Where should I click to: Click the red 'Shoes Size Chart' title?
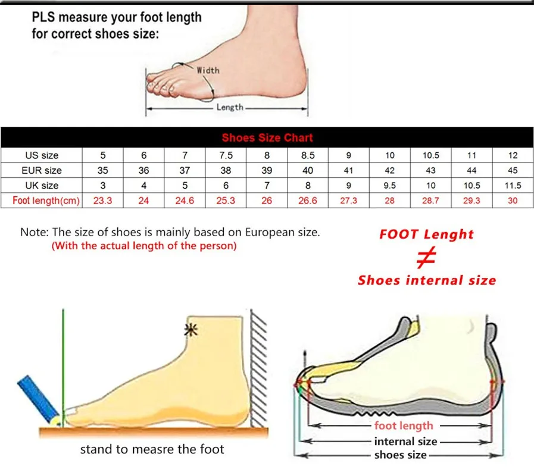pos(267,137)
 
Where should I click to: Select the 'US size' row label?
pos(42,155)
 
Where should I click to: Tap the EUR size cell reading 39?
pos(267,170)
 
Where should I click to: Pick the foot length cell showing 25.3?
pos(226,201)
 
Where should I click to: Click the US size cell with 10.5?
pos(430,155)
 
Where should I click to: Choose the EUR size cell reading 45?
pos(513,170)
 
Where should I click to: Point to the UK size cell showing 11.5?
pos(513,186)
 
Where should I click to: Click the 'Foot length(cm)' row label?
pos(46,201)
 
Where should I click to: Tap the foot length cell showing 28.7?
pos(430,201)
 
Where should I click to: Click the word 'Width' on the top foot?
pos(208,70)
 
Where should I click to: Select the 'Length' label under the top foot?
pos(230,107)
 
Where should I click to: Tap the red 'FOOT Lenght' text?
pos(426,234)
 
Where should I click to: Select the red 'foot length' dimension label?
pos(404,425)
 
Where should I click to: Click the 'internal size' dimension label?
pos(405,441)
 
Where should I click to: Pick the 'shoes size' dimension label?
pos(400,455)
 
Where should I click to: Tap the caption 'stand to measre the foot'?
pos(152,449)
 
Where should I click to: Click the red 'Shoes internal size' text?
pos(426,280)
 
